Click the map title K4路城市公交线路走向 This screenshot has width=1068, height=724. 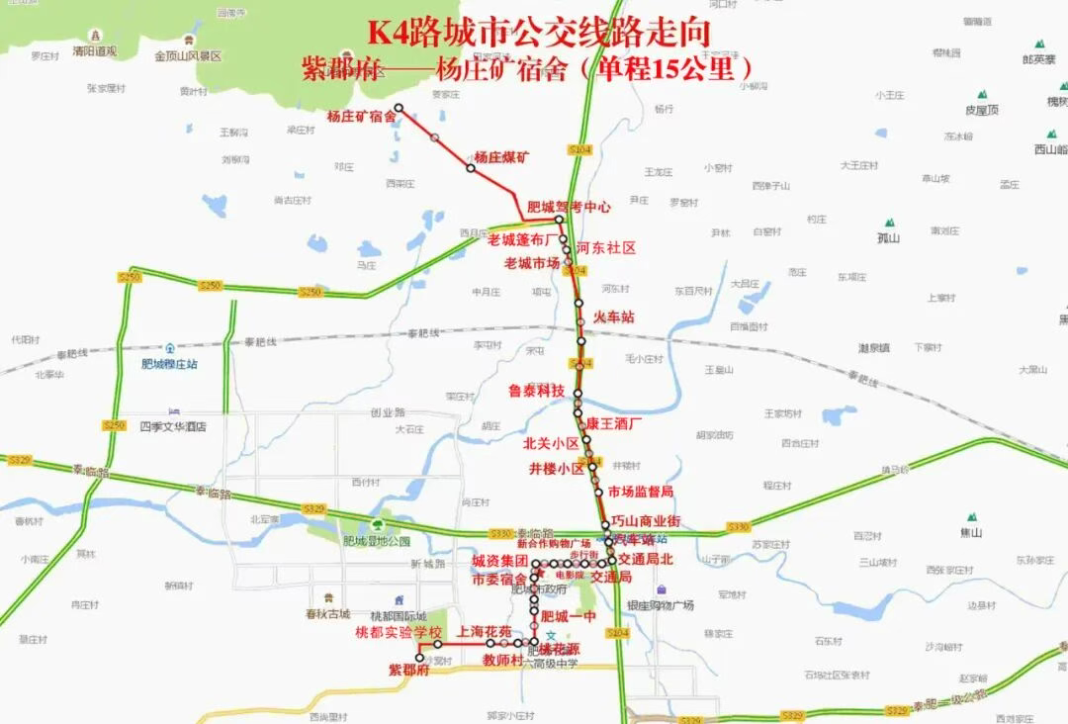tap(539, 33)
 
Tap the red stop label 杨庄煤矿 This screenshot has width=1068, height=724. tap(501, 156)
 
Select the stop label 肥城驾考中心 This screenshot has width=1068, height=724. tap(569, 208)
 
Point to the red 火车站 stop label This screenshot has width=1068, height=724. tap(613, 317)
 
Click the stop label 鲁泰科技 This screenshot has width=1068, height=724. tap(536, 391)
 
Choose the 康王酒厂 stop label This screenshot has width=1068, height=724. tap(614, 423)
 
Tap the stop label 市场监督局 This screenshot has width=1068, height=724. tap(641, 492)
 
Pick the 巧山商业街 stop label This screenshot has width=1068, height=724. tap(645, 521)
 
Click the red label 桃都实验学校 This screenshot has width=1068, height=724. tap(399, 632)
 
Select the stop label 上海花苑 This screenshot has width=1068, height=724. tap(485, 631)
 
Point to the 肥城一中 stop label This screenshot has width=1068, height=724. tap(571, 616)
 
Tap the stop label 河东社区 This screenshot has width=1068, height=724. tap(605, 248)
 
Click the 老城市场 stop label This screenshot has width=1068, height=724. tap(532, 263)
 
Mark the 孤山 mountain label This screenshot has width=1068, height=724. tap(888, 238)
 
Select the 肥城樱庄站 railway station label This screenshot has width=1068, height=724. tap(169, 363)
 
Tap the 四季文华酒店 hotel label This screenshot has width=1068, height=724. tap(173, 426)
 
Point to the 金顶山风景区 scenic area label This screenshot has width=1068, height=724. tap(188, 57)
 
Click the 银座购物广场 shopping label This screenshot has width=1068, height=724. tap(660, 604)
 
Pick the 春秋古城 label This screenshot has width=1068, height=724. tap(326, 613)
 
